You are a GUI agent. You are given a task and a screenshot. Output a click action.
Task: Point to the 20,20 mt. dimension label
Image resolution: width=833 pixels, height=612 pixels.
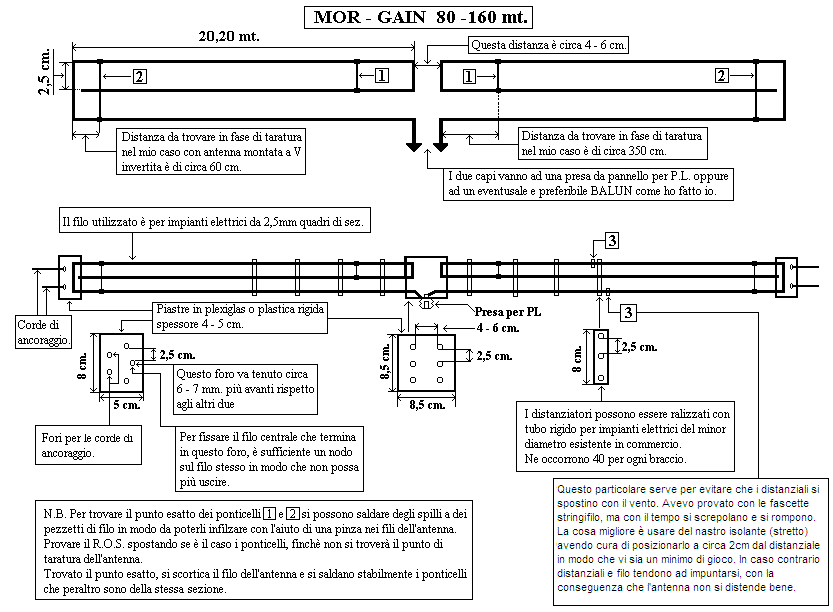(x=230, y=36)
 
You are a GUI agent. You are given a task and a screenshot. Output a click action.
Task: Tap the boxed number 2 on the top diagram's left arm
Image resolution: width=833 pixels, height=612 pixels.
(x=139, y=76)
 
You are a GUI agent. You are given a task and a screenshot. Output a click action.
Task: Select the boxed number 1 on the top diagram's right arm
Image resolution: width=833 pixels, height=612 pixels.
(x=468, y=76)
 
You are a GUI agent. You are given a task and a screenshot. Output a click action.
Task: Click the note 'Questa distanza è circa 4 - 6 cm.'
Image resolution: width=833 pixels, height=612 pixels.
(x=548, y=45)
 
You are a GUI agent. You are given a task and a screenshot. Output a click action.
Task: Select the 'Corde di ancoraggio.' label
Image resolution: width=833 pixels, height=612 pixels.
(x=44, y=333)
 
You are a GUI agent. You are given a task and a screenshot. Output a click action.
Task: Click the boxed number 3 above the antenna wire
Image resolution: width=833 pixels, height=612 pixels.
(x=611, y=240)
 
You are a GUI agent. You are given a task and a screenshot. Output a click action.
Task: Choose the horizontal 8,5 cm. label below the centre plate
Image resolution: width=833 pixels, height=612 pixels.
(x=426, y=406)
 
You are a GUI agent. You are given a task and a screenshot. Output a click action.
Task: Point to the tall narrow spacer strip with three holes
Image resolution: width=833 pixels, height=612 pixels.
(x=600, y=357)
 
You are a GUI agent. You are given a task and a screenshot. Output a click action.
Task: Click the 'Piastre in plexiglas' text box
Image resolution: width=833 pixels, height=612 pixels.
(x=240, y=316)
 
